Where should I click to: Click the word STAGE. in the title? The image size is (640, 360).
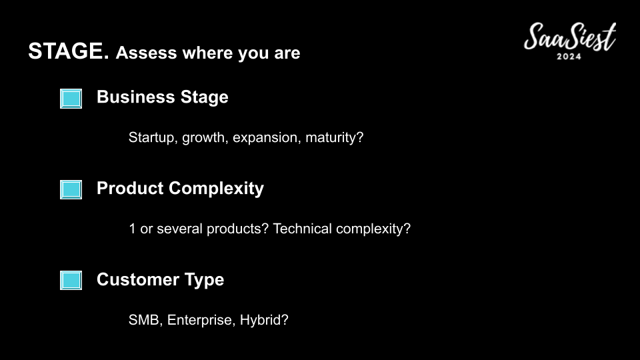click(69, 51)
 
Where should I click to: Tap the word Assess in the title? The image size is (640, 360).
click(147, 53)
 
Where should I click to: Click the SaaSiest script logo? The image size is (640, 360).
click(570, 37)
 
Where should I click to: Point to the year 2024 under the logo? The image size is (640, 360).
click(569, 56)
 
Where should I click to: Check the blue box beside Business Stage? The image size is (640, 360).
click(71, 99)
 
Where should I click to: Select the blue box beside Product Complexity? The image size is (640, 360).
click(71, 189)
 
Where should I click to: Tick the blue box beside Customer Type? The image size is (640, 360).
click(71, 281)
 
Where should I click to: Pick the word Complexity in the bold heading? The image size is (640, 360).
click(216, 189)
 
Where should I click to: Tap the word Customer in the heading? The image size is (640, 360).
click(138, 279)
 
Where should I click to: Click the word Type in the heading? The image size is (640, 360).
click(204, 281)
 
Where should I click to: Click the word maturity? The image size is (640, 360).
click(334, 137)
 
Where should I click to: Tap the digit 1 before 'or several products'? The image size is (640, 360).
click(132, 229)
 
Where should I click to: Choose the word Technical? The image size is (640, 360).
click(303, 229)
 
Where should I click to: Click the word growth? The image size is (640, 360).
click(205, 138)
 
